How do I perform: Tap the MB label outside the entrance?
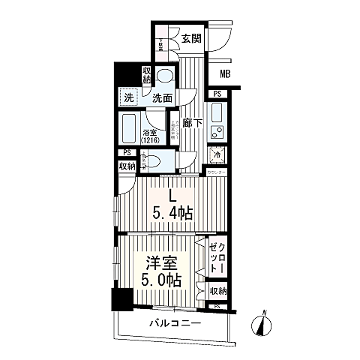(x=225, y=73)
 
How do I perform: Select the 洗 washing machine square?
(x=129, y=98)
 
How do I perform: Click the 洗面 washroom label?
(x=162, y=98)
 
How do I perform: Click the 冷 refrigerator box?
(x=217, y=155)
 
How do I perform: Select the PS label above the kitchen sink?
(x=217, y=94)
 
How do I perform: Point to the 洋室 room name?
(x=160, y=264)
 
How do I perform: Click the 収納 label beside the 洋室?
(x=217, y=291)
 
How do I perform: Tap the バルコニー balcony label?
(x=174, y=322)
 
